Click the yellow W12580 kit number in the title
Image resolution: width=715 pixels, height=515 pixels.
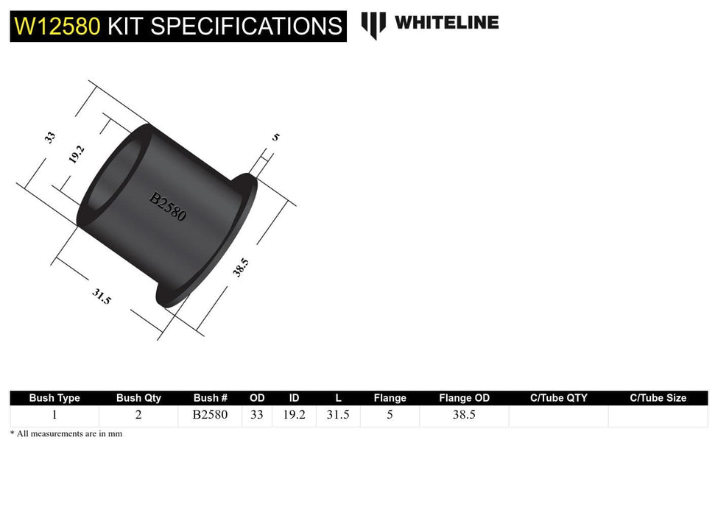coord(57,26)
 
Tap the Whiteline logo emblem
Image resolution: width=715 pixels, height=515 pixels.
coord(373,24)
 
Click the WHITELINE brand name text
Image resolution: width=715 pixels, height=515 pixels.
coord(446,22)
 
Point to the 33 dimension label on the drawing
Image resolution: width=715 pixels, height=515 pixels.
coord(50,137)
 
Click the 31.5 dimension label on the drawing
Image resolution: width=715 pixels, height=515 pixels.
coord(102,296)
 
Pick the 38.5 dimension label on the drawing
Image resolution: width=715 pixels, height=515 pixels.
coord(241,268)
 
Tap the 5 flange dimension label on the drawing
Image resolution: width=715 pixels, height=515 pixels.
coord(275,137)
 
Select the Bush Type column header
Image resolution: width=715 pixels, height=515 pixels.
coord(54,398)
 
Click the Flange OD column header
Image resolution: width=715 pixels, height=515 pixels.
coord(464,398)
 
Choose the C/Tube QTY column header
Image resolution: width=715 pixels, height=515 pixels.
coord(559,398)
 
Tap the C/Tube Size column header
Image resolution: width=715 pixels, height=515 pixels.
coord(658,398)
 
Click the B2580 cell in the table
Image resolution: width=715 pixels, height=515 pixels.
coord(210,415)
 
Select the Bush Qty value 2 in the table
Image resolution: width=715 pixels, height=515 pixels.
coord(138,415)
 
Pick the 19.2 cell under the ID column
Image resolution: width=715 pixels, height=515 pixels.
coord(294,415)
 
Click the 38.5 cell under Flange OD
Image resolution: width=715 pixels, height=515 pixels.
coord(464,415)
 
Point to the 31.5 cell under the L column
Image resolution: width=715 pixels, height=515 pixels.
coord(338,415)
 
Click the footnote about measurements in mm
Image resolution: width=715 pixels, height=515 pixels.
coord(66,434)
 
